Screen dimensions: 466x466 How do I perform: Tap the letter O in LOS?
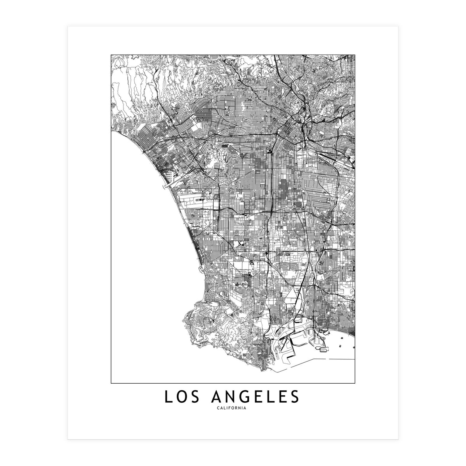pyautogui.click(x=183, y=397)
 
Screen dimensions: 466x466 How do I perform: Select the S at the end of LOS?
pyautogui.click(x=198, y=397)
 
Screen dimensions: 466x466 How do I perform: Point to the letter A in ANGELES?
pyautogui.click(x=219, y=397)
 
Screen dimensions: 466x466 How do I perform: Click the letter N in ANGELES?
pyautogui.click(x=234, y=397)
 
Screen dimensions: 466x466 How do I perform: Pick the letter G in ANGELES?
pyautogui.click(x=249, y=397)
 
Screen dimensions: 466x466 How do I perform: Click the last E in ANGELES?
pyautogui.click(x=289, y=397)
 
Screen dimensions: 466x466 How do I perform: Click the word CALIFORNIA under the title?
pyautogui.click(x=233, y=408)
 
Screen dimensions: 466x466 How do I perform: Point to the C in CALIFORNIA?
pyautogui.click(x=220, y=408)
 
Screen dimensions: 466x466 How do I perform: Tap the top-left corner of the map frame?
pyautogui.click(x=111, y=55)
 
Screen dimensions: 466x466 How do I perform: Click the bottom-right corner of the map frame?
pyautogui.click(x=355, y=383)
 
